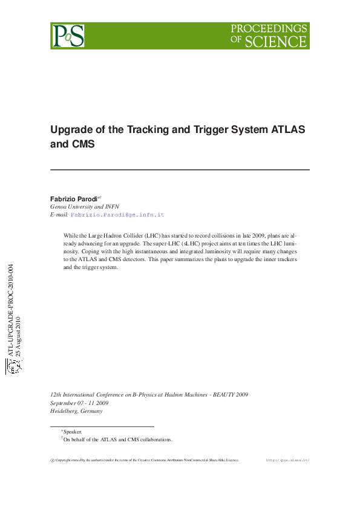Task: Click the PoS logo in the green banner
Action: click(67, 36)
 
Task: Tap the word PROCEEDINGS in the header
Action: click(269, 28)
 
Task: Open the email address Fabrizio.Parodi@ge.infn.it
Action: click(117, 215)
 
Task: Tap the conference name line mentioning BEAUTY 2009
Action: click(149, 395)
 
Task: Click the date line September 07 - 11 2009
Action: click(79, 403)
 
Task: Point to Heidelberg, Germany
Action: click(76, 411)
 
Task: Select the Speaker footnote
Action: click(73, 432)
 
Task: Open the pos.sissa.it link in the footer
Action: click(287, 460)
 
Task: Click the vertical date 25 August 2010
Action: click(18, 337)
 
